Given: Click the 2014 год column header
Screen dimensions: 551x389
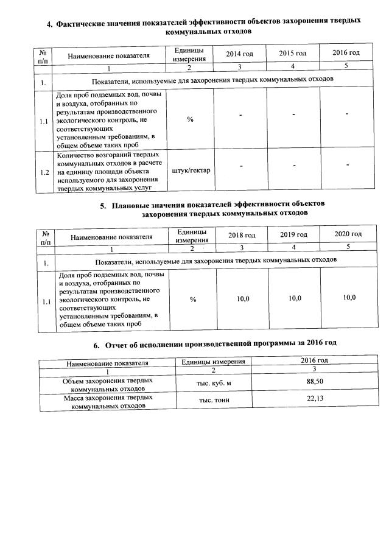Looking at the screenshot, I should (x=239, y=54).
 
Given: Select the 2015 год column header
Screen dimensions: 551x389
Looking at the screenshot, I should (x=292, y=54).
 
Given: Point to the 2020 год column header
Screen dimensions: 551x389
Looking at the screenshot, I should (x=348, y=234).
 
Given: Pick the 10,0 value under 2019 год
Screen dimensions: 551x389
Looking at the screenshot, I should (x=295, y=298).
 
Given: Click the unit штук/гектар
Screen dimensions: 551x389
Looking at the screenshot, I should (x=191, y=170).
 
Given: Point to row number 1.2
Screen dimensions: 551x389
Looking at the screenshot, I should (x=43, y=172).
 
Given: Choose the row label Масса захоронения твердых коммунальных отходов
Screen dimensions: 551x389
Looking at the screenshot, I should (x=108, y=401).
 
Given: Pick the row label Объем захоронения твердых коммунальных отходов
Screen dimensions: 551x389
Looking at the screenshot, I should (x=108, y=384).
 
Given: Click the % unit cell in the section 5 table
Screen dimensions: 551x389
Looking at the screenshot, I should (x=193, y=300).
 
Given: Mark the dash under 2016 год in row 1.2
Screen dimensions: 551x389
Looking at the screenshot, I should (x=346, y=165).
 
